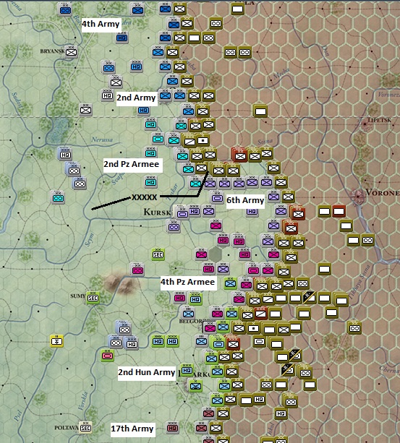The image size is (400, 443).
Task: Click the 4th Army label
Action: tap(101, 24)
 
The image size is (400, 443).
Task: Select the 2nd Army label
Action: tap(136, 97)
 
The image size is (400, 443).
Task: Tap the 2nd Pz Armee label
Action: tap(131, 165)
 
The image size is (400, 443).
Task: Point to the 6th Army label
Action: tap(245, 200)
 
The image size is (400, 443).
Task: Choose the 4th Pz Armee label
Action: tap(187, 282)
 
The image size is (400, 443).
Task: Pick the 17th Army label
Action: tap(132, 429)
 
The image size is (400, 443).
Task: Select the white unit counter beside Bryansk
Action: tap(71, 51)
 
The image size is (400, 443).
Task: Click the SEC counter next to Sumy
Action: tap(93, 297)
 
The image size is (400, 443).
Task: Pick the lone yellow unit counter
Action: tap(57, 341)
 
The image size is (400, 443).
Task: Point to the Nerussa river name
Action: tap(103, 139)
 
